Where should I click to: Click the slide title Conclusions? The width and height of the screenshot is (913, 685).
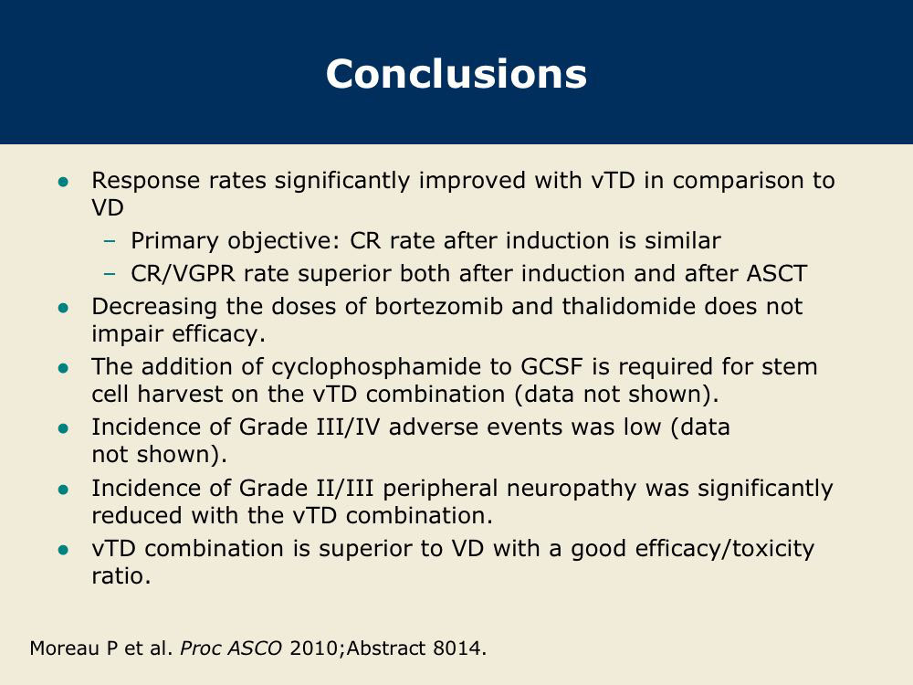click(456, 74)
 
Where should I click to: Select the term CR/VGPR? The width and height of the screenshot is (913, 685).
click(183, 274)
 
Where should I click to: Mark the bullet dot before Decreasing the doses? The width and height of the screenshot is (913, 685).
click(64, 308)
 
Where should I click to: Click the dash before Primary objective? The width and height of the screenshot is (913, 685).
click(109, 241)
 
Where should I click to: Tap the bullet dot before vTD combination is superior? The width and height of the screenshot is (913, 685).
click(64, 550)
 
